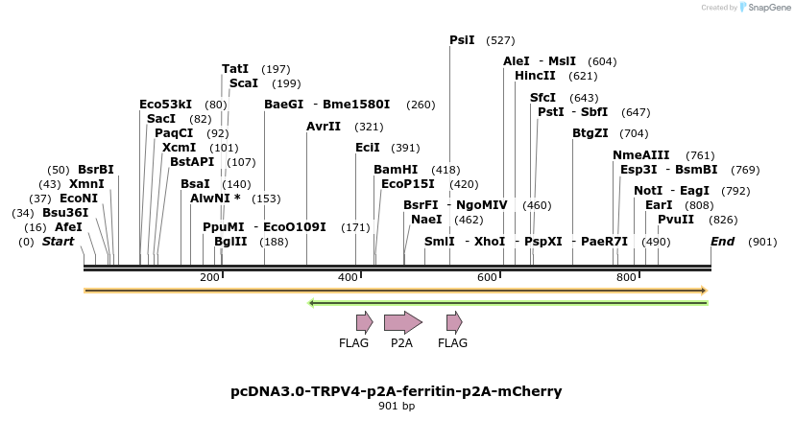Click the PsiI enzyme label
[x=462, y=40]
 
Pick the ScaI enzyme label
[x=244, y=83]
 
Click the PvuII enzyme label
[x=676, y=220]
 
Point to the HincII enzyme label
[x=535, y=76]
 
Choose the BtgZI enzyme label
[x=590, y=133]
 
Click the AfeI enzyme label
[x=68, y=227]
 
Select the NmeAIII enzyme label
[x=641, y=155]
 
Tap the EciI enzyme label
[x=368, y=148]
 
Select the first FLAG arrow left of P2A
[x=364, y=322]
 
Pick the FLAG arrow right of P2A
[x=453, y=322]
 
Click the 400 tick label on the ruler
[x=349, y=277]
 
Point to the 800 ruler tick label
[x=627, y=277]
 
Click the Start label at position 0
[x=58, y=242]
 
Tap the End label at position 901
[x=723, y=242]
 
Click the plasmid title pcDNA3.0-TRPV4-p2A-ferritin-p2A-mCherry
[x=397, y=391]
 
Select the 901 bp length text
[x=397, y=407]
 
